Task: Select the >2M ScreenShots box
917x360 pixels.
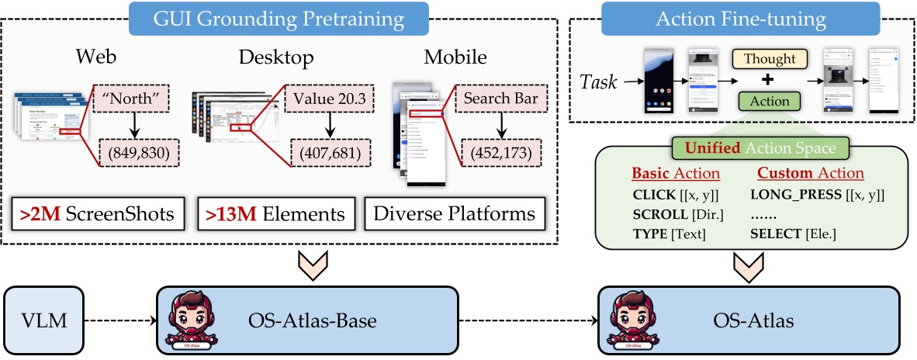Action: pos(98,213)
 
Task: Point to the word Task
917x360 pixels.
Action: pos(599,80)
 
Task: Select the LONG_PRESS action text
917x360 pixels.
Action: pos(818,195)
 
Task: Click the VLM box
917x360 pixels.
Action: pos(43,318)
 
